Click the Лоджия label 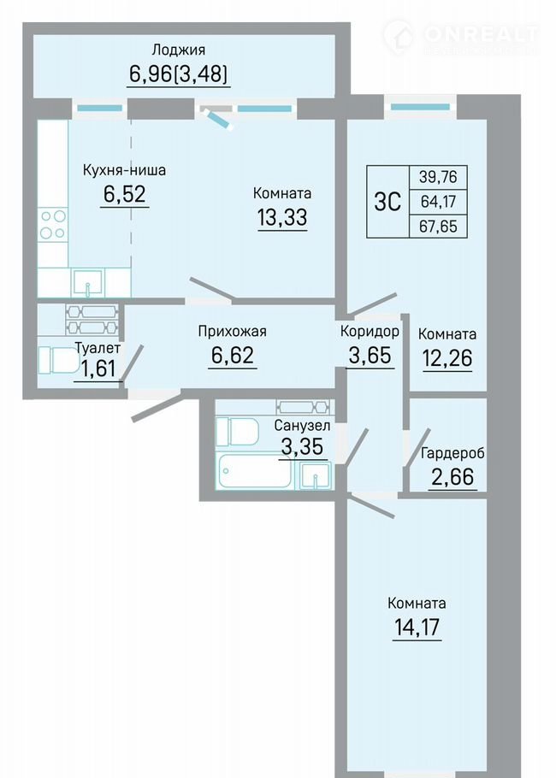178,50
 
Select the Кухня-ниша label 124,170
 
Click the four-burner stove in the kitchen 53,225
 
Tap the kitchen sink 88,283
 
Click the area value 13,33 282,217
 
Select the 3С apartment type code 387,202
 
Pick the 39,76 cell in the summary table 438,176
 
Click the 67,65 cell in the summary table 438,227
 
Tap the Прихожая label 233,331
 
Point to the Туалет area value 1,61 98,368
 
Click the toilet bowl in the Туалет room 59,360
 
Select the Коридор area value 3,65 370,355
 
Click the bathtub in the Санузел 254,470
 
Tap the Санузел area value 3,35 302,446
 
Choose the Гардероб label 452,453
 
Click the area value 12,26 447,357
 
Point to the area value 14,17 417,627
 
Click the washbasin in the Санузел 316,474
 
